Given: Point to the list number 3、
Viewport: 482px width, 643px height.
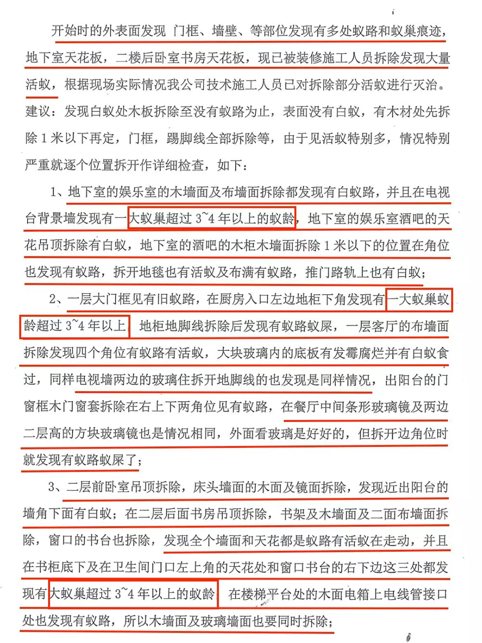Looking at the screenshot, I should tap(57, 487).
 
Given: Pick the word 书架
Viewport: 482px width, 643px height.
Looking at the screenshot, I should tap(294, 514).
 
